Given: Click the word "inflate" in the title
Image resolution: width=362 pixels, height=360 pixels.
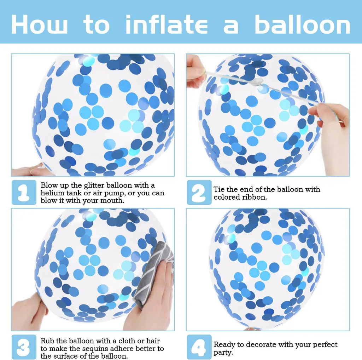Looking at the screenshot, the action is (x=167, y=24).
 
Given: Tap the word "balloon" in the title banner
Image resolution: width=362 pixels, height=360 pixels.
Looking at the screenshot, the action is (x=303, y=24).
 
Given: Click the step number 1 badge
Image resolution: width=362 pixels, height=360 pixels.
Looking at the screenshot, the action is (x=24, y=192).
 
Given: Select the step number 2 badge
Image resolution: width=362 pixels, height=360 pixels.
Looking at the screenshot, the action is (x=199, y=192).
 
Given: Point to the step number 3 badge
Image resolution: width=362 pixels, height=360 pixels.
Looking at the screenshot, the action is (x=24, y=347).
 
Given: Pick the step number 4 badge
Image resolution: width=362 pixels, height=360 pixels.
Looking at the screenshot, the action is (x=199, y=347).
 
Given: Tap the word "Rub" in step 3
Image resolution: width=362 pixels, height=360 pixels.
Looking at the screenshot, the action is (x=47, y=341).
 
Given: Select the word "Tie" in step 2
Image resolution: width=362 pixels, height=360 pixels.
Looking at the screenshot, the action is (x=219, y=189).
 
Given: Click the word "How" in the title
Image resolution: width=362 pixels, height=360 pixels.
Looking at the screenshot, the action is (x=39, y=24).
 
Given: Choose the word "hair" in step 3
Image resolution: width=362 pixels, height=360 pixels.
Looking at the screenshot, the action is (x=153, y=341).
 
